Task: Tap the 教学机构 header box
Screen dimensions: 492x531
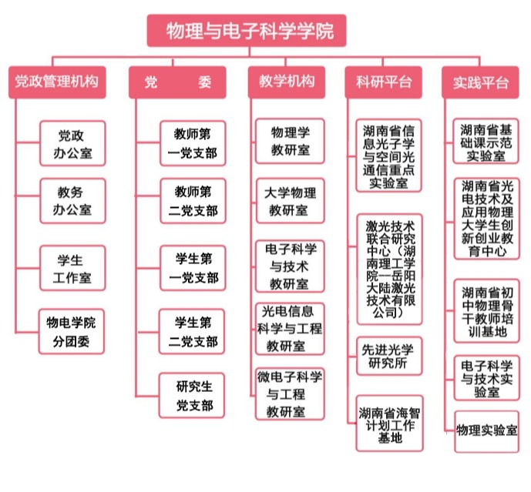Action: pos(286,82)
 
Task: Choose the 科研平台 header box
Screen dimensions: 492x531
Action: pos(383,82)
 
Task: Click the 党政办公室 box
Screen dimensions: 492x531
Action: pos(72,143)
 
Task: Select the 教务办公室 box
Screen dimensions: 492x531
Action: pos(72,200)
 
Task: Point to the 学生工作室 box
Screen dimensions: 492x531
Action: pos(72,266)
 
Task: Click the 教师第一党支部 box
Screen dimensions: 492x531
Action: pos(193,143)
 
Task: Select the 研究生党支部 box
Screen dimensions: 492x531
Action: pos(193,395)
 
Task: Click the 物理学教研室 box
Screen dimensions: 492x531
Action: pos(288,141)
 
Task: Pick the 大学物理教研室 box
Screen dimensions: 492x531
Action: pos(288,199)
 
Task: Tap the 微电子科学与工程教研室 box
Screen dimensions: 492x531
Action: pos(288,393)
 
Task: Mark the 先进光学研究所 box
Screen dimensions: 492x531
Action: pos(390,356)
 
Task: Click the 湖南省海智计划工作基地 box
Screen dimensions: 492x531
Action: pos(390,423)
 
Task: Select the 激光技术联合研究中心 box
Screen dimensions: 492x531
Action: pos(390,269)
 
